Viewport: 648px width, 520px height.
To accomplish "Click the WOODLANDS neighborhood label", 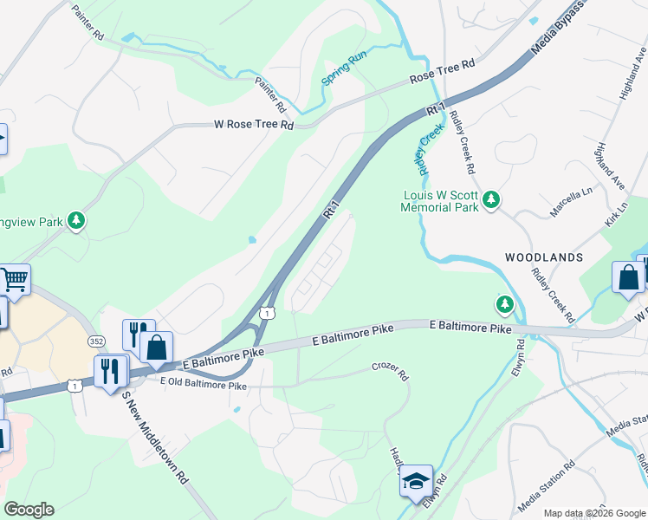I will (x=544, y=258).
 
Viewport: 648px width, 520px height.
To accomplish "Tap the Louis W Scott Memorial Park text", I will (x=440, y=202).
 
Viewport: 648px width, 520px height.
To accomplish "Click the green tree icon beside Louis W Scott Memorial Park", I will (x=491, y=201).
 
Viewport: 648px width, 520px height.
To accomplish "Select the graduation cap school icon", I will (x=416, y=480).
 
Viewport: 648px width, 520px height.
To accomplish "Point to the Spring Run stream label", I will (x=339, y=69).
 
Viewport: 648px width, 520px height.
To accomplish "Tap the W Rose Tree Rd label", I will (x=254, y=125).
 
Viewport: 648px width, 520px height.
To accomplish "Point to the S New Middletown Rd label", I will (x=155, y=437).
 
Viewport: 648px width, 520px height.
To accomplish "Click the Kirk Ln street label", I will (x=619, y=218).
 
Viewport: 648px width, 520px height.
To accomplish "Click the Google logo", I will (x=29, y=510).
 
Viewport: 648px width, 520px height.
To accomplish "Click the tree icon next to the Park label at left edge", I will (x=77, y=221).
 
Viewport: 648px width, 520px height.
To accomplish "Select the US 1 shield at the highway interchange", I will (x=269, y=312).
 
